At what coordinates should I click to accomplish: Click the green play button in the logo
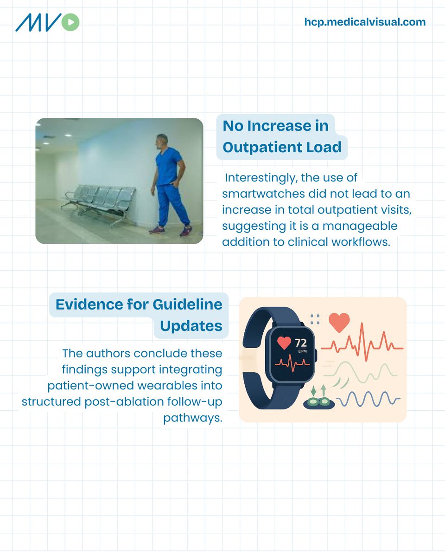(x=70, y=22)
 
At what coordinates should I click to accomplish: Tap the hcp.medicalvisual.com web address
(x=365, y=22)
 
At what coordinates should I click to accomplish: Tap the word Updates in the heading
(x=191, y=326)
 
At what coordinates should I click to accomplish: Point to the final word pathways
(x=192, y=418)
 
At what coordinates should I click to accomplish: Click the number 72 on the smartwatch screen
(x=301, y=343)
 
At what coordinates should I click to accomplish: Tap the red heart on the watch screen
(x=284, y=343)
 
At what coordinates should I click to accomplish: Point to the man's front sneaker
(x=185, y=230)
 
